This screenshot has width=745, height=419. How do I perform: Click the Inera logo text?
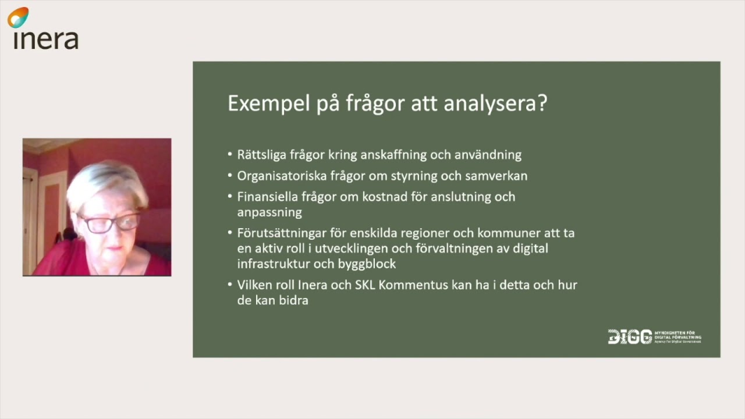[45, 39]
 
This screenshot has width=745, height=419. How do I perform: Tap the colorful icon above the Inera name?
[18, 17]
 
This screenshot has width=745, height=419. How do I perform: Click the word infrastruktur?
[269, 264]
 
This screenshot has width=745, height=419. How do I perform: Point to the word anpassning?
[269, 212]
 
